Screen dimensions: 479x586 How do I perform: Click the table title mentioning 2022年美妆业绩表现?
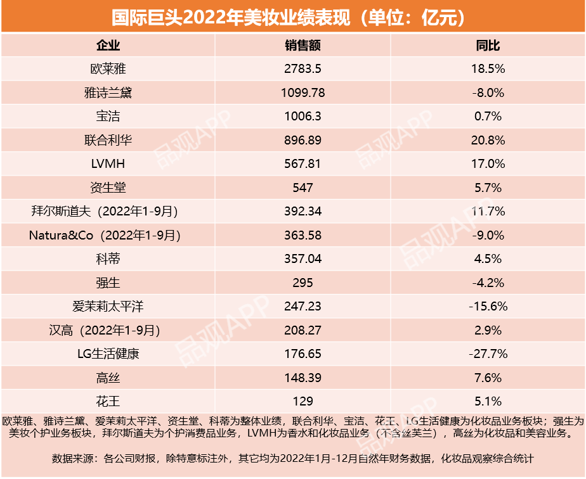pyautogui.click(x=292, y=16)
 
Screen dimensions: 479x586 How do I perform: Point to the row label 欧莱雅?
pyautogui.click(x=108, y=68)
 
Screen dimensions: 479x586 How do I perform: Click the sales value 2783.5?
pyautogui.click(x=303, y=68)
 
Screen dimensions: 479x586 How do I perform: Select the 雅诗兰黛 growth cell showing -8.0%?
pyautogui.click(x=488, y=93)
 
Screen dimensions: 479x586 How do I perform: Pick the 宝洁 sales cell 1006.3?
pyautogui.click(x=303, y=117)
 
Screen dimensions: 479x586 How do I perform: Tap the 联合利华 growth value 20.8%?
pyautogui.click(x=488, y=140)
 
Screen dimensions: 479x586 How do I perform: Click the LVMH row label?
pyautogui.click(x=108, y=164)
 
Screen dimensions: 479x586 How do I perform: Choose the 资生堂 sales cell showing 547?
pyautogui.click(x=303, y=188)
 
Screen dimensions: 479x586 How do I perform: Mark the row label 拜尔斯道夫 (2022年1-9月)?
pyautogui.click(x=108, y=212)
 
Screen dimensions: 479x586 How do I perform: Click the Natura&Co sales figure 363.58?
pyautogui.click(x=303, y=235)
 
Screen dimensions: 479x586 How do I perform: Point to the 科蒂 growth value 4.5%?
pyautogui.click(x=488, y=259)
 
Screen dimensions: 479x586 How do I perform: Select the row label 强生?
pyautogui.click(x=108, y=283)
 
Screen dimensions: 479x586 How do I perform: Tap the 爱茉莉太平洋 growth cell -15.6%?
pyautogui.click(x=488, y=307)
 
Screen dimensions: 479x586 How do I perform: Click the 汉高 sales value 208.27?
pyautogui.click(x=303, y=330)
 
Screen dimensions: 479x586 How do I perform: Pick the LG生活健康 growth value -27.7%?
pyautogui.click(x=488, y=354)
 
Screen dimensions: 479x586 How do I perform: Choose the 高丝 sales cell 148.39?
pyautogui.click(x=303, y=378)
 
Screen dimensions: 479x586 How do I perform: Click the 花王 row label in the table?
pyautogui.click(x=108, y=401)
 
